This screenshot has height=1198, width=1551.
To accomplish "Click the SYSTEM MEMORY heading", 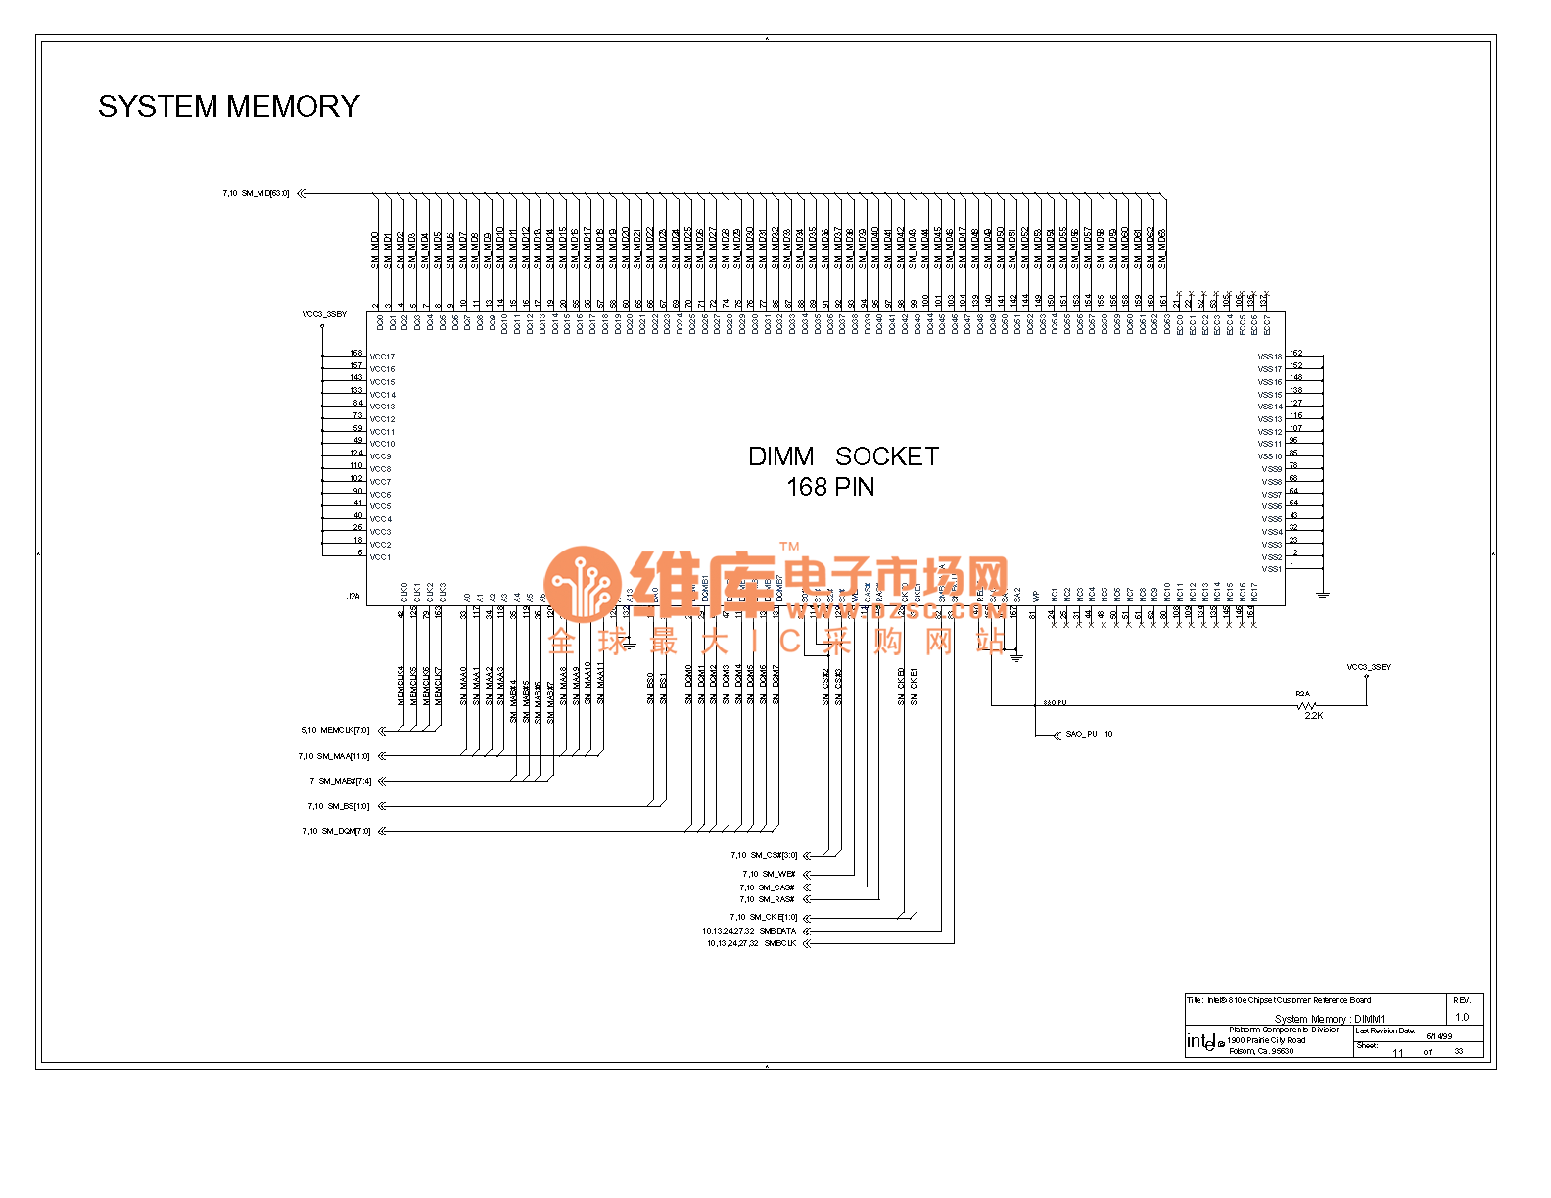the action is pyautogui.click(x=228, y=106).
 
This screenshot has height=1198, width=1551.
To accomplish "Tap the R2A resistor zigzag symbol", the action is pyautogui.click(x=1306, y=705).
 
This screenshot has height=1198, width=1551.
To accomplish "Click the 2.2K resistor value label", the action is pyautogui.click(x=1313, y=716).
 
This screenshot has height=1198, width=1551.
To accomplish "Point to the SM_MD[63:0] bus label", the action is pyautogui.click(x=265, y=194).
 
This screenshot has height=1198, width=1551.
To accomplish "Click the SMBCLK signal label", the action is pyautogui.click(x=779, y=944).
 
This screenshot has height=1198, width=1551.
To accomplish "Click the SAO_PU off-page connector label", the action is pyautogui.click(x=1081, y=734).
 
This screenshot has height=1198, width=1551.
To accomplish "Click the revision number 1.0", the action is pyautogui.click(x=1462, y=1017).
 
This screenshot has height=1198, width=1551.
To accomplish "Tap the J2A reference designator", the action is pyautogui.click(x=353, y=597).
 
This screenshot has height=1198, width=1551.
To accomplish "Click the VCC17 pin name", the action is pyautogui.click(x=382, y=357).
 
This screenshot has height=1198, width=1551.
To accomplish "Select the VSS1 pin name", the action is pyautogui.click(x=1271, y=569).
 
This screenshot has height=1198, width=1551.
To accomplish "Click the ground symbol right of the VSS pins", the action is pyautogui.click(x=1323, y=595).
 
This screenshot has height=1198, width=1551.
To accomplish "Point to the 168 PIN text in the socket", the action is pyautogui.click(x=830, y=487).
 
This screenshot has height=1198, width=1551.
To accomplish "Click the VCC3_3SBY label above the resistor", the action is pyautogui.click(x=1368, y=667).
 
